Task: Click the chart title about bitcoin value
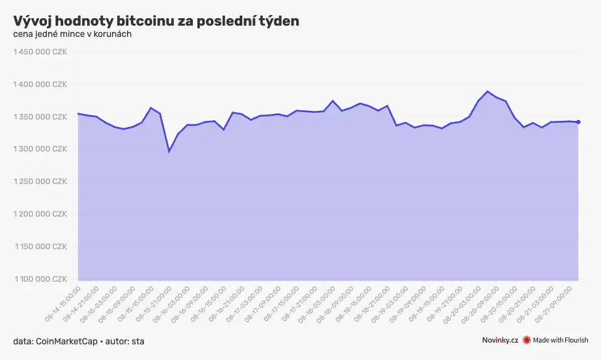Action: click(156, 21)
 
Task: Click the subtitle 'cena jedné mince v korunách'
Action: click(73, 34)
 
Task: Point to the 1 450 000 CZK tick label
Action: click(40, 52)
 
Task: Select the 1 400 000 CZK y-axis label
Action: click(40, 85)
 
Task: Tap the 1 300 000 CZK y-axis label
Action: click(40, 149)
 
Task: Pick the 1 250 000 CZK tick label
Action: click(40, 182)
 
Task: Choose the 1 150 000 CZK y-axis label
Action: click(40, 247)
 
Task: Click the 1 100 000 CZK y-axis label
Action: click(40, 279)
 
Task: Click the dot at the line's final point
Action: click(578, 122)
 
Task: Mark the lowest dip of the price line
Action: click(169, 152)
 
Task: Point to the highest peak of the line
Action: click(487, 91)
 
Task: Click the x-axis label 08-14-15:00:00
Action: click(63, 304)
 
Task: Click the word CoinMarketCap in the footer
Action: click(67, 341)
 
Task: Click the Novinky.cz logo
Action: click(500, 340)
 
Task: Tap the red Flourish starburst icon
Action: click(527, 340)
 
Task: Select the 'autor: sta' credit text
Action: click(125, 341)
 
